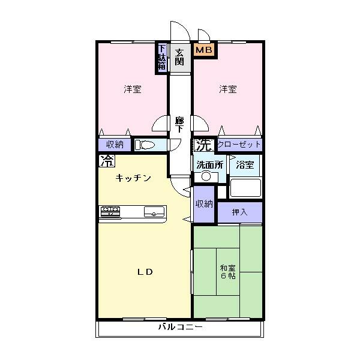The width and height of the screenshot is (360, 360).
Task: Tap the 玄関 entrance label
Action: pyautogui.click(x=179, y=56)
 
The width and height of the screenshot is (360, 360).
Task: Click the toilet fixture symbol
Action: pyautogui.click(x=146, y=145)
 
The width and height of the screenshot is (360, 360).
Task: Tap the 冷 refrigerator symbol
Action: pyautogui.click(x=106, y=161)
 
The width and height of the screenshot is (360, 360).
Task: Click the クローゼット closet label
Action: pyautogui.click(x=239, y=145)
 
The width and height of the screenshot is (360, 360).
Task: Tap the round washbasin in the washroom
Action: pyautogui.click(x=207, y=176)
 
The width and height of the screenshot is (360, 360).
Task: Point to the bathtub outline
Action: pyautogui.click(x=246, y=188)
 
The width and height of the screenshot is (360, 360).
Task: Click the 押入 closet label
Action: pyautogui.click(x=239, y=212)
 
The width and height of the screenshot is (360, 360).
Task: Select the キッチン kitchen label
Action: pyautogui.click(x=133, y=178)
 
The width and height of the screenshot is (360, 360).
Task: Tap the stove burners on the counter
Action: pyautogui.click(x=110, y=210)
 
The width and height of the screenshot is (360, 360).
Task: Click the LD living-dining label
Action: pyautogui.click(x=146, y=271)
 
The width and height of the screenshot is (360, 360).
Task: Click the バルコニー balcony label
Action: pyautogui.click(x=180, y=328)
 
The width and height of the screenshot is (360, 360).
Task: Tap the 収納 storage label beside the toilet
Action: pyautogui.click(x=115, y=145)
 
